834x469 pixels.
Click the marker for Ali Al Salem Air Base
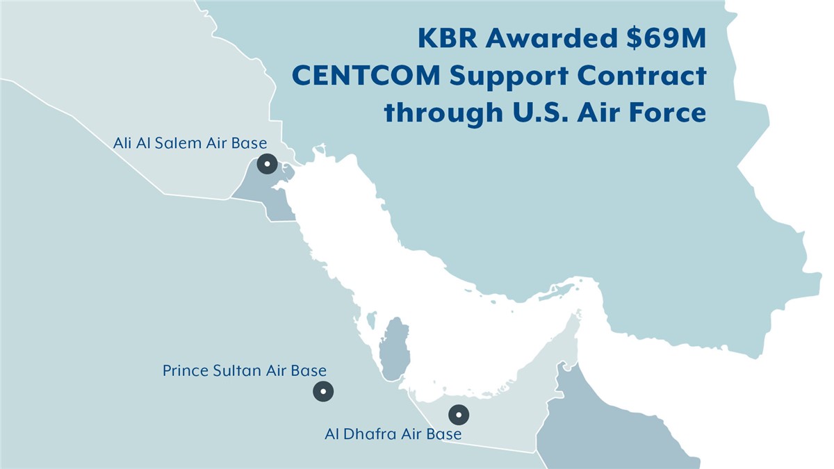click(267, 164)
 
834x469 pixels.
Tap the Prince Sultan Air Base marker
click(323, 392)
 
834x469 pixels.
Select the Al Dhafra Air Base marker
click(459, 415)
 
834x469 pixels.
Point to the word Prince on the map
click(186, 371)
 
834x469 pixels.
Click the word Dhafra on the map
click(366, 434)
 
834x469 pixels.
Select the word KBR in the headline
click(448, 38)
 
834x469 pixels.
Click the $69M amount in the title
click(667, 38)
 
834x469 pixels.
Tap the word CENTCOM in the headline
click(367, 76)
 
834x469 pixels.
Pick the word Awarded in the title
click(552, 38)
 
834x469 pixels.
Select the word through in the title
click(444, 113)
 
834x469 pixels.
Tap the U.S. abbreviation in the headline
click(540, 112)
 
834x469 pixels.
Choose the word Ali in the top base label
click(122, 143)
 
